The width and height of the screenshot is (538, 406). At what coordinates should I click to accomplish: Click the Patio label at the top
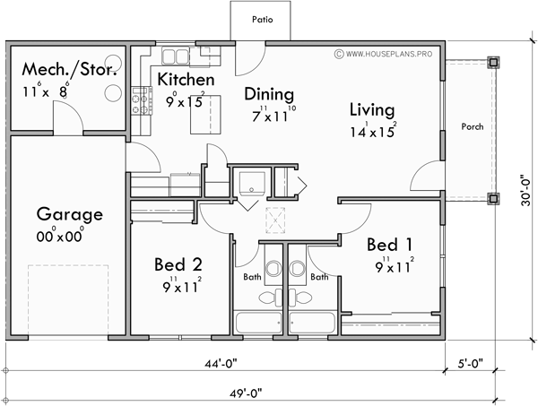262,18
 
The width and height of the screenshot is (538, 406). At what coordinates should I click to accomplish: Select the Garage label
69,214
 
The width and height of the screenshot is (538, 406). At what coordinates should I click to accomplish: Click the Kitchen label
186,80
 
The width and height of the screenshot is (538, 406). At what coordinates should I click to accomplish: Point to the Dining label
269,93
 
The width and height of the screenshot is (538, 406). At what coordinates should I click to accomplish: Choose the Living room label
372,110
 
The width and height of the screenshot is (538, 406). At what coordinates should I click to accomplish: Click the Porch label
472,126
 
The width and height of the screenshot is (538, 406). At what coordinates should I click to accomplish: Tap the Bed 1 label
390,244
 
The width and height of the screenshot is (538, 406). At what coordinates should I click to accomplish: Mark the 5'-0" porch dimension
469,364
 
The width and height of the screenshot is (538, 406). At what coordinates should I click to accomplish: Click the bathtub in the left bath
257,323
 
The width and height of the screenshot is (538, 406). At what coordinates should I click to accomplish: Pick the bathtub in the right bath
314,323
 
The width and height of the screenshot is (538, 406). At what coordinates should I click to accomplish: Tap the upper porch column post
492,62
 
